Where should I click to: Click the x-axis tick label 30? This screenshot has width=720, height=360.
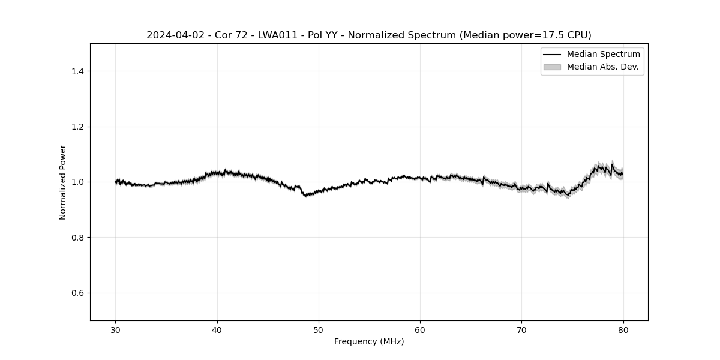[x=116, y=330]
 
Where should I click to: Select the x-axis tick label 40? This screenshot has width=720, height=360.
[x=217, y=330]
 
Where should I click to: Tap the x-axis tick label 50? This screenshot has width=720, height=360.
[x=319, y=330]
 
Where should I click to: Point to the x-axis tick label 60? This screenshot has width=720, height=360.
[x=420, y=330]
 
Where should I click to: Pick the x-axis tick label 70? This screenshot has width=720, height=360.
[x=521, y=330]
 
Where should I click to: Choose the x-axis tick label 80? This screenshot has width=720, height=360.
[x=623, y=330]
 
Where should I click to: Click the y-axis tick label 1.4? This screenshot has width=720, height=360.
[x=75, y=71]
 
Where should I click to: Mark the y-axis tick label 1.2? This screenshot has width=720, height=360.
[x=75, y=127]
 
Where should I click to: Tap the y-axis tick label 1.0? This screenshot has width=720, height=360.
[x=75, y=182]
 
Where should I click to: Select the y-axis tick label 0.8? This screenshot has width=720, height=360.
[x=75, y=238]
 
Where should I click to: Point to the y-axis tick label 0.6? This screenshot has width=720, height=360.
[x=75, y=293]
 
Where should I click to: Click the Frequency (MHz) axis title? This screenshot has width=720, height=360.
[x=369, y=342]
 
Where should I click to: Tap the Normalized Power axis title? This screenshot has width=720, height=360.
[x=63, y=182]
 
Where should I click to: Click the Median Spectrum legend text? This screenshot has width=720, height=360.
[x=603, y=55]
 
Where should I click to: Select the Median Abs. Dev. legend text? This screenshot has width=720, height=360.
[x=602, y=67]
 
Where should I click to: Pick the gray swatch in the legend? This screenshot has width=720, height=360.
[x=552, y=67]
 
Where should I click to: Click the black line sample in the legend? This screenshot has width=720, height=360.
[x=552, y=55]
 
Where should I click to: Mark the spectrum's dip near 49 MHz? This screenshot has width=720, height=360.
[x=306, y=195]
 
